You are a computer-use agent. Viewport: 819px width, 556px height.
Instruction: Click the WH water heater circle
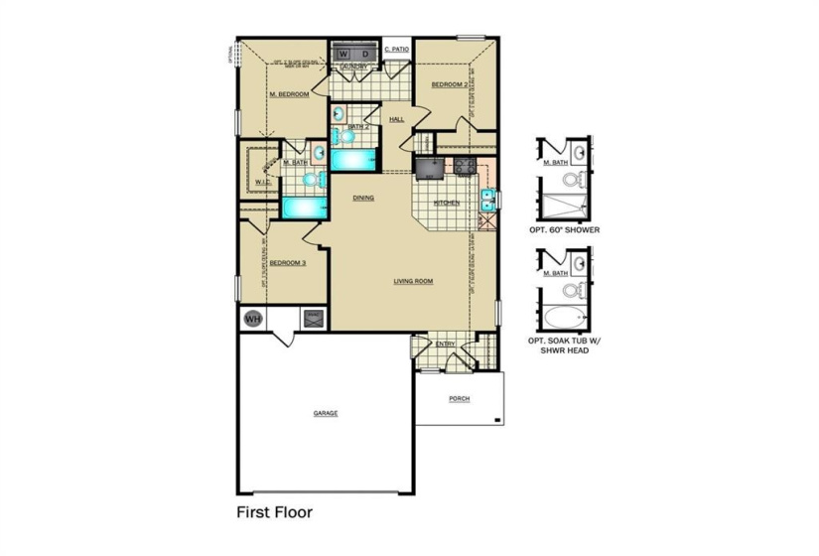pos(252,319)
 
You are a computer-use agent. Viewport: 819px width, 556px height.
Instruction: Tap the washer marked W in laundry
pos(345,53)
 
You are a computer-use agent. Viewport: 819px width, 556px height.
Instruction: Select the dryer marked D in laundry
pos(365,53)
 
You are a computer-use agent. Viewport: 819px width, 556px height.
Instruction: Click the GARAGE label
pos(326,412)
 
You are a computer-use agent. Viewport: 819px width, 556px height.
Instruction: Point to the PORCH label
pos(459,399)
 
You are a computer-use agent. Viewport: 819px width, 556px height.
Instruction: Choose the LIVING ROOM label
pos(413,281)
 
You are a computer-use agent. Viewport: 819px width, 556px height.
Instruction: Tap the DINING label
pos(363,198)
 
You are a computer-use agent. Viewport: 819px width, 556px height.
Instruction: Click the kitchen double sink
pos(487,200)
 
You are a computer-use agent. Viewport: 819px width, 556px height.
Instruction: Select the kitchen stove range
pos(463,167)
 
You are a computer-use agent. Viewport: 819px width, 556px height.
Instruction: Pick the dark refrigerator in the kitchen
pos(428,168)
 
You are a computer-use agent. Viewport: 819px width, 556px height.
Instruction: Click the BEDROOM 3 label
pos(288,263)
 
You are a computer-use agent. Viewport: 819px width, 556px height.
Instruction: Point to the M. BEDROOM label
pos(290,94)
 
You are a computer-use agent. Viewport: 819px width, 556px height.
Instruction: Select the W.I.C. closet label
pos(263,183)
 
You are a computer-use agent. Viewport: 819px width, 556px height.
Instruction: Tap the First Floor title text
pos(274,513)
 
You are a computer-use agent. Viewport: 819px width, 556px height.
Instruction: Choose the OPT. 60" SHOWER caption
pos(565,228)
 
